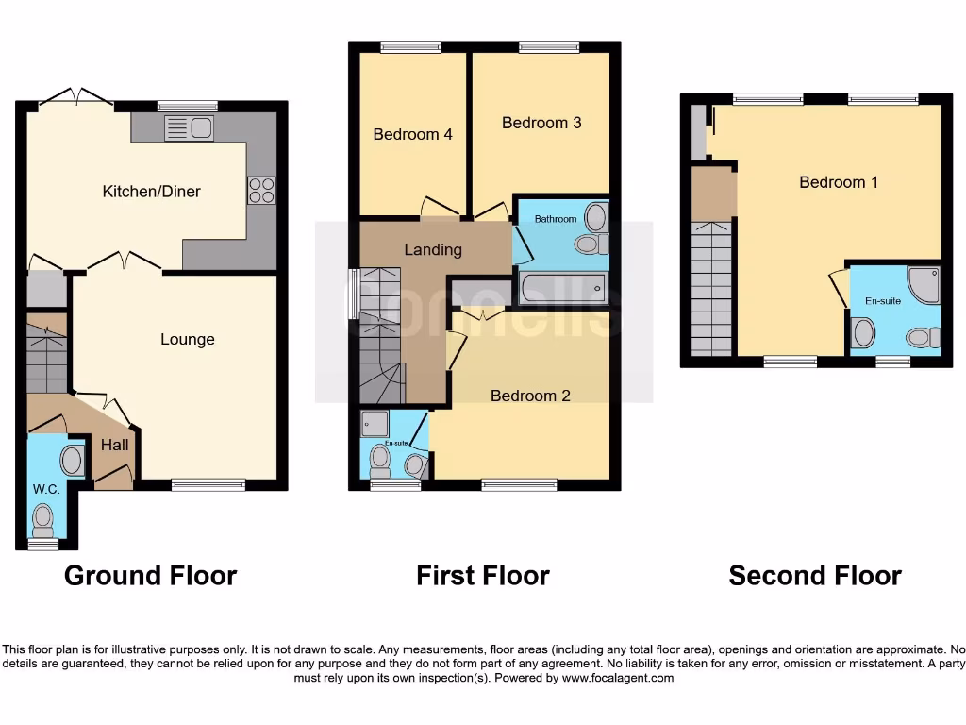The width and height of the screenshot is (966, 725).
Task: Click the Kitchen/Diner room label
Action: (151, 192)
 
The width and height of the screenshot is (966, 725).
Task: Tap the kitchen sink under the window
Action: (190, 128)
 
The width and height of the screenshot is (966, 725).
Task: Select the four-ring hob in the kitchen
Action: (261, 190)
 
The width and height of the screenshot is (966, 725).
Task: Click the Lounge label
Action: (187, 339)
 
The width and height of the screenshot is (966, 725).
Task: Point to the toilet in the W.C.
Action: (42, 518)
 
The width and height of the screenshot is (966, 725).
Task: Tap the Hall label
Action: (115, 445)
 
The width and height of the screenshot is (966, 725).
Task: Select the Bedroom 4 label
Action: (412, 134)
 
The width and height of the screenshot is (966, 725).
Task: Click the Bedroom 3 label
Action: (541, 123)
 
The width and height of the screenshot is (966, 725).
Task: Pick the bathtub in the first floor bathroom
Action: (562, 288)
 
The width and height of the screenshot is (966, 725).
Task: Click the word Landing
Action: (433, 250)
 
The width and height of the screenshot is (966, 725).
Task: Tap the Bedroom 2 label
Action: (530, 396)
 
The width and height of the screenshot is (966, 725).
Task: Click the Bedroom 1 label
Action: (839, 182)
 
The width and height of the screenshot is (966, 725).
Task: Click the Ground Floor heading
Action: (150, 575)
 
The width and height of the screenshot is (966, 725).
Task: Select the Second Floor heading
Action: (815, 575)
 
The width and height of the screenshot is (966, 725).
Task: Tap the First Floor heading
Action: (483, 575)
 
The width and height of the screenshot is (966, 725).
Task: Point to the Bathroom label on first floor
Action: (556, 219)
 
